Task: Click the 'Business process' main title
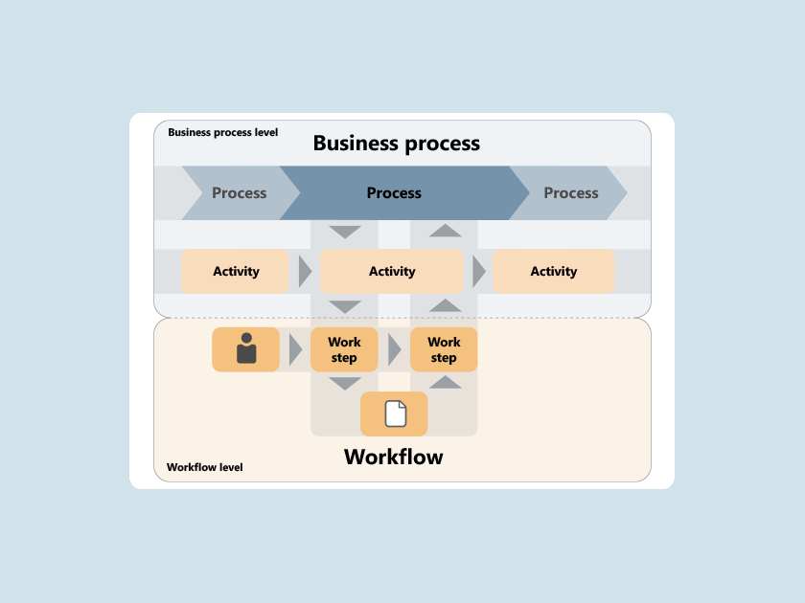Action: [x=397, y=144]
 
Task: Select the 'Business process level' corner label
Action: [x=222, y=132]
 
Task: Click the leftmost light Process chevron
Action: [x=241, y=192]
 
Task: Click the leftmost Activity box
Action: [x=235, y=271]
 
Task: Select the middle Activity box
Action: [x=392, y=271]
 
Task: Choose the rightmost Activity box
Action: [x=554, y=271]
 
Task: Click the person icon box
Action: [x=246, y=349]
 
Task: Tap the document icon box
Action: [x=394, y=413]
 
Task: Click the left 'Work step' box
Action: [x=344, y=349]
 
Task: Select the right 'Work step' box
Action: [x=444, y=349]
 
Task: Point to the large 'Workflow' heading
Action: [x=394, y=457]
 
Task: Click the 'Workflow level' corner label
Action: [x=205, y=467]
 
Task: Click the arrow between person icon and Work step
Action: [x=296, y=349]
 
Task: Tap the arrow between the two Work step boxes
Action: [x=395, y=349]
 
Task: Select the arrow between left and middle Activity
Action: [x=306, y=271]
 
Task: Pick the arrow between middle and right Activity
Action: [x=479, y=271]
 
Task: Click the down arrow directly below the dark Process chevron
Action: [x=345, y=233]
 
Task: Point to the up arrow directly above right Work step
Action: [x=445, y=305]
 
